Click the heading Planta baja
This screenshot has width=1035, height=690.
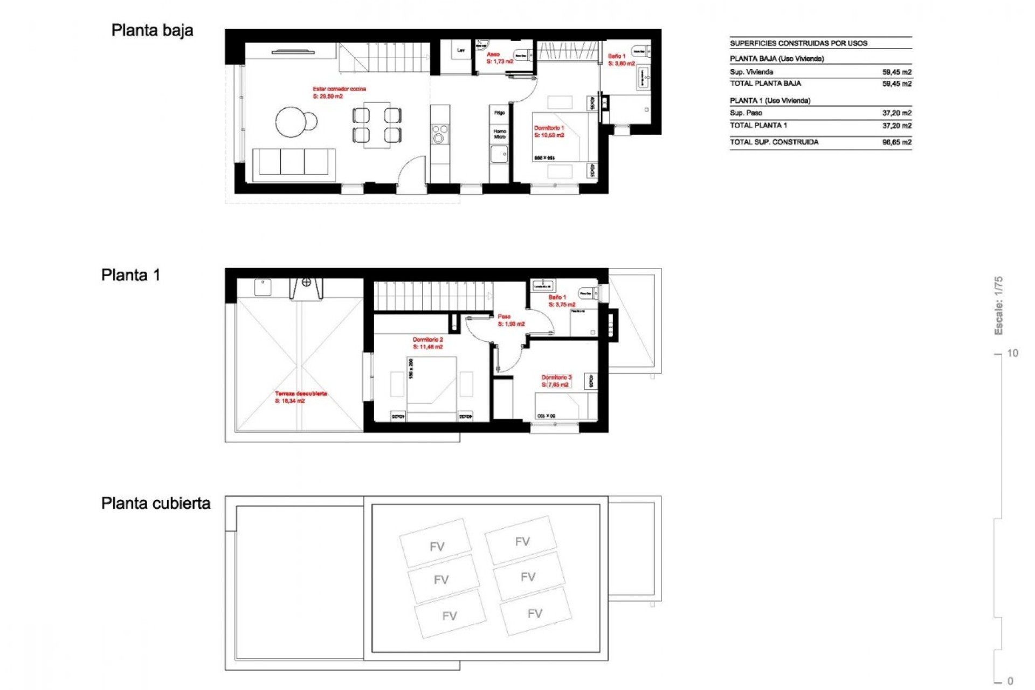pos(152,31)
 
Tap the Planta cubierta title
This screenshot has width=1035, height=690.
pos(156,503)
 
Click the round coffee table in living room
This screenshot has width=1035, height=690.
pos(291,122)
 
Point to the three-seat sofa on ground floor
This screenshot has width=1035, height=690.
pos(294,162)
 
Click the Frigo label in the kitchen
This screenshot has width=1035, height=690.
pos(500,113)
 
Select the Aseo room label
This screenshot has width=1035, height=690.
pos(493,54)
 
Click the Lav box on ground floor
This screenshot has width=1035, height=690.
pos(461,51)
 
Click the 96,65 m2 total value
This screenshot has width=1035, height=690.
pos(896,142)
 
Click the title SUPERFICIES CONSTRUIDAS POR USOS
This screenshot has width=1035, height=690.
pos(798,43)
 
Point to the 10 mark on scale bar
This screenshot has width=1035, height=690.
pos(1012,354)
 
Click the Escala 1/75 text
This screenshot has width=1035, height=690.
pos(998,306)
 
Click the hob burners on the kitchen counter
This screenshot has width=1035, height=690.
pos(439,134)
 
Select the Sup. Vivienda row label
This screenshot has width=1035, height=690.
pos(751,72)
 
